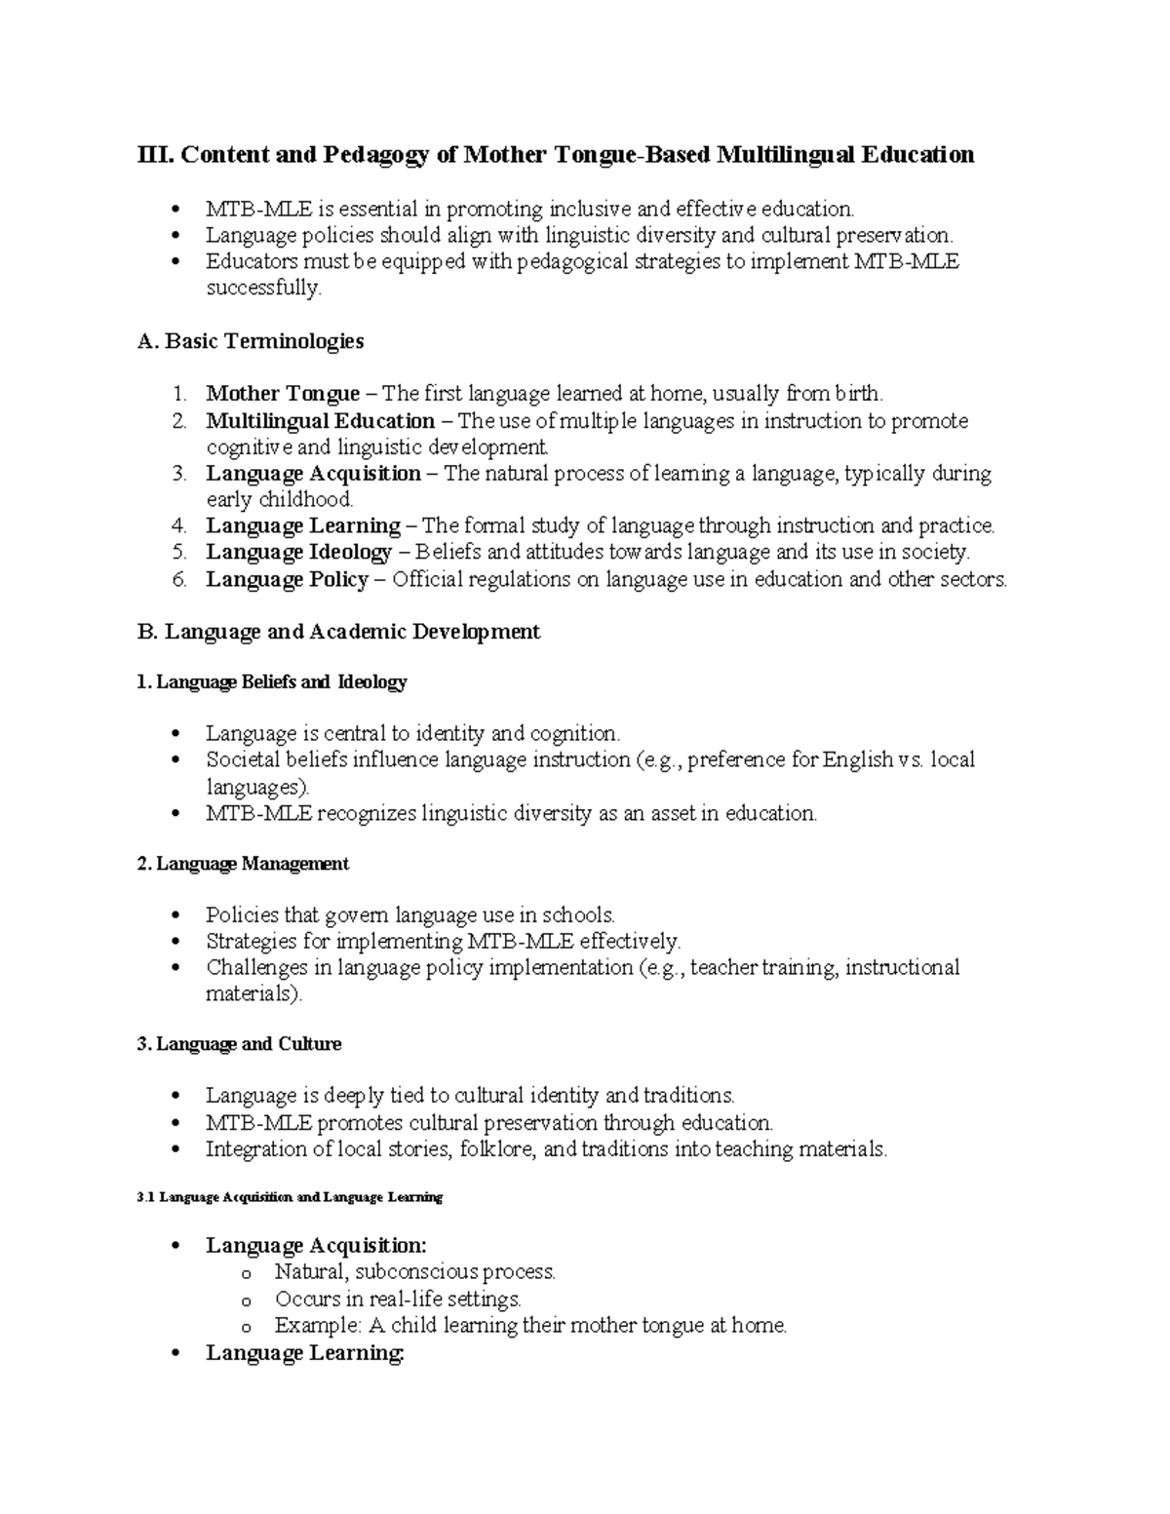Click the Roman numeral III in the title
155,155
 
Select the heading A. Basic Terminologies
251,341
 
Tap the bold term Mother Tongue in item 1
283,394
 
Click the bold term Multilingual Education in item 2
320,421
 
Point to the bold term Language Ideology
298,553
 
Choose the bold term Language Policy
287,580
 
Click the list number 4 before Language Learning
178,526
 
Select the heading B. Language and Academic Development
338,632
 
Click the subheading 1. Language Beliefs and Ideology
272,682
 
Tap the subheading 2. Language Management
243,864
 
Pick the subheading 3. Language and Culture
239,1044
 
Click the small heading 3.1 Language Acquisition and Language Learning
291,1197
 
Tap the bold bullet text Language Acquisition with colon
316,1245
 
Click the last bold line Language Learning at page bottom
304,1353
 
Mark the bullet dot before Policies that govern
175,915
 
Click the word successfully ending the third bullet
262,289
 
